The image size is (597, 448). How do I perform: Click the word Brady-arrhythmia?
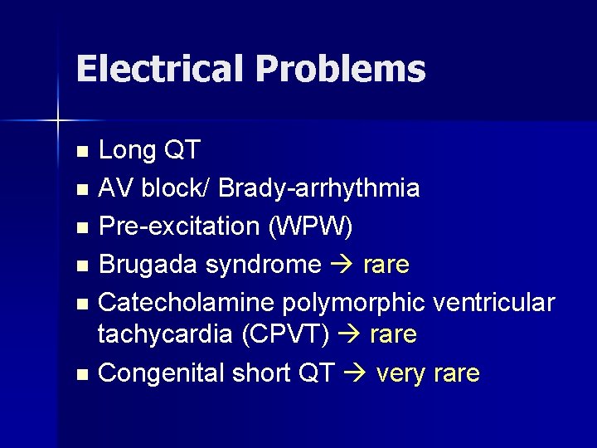(x=319, y=189)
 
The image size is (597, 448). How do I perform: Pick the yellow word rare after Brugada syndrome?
(x=386, y=265)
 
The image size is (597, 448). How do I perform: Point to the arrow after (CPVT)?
(x=349, y=335)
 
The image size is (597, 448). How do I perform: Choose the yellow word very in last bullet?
(x=400, y=373)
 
